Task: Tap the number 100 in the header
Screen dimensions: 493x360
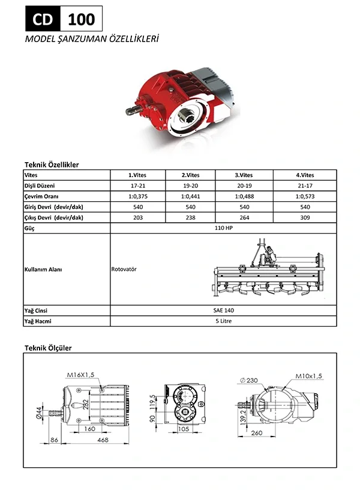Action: coord(81,19)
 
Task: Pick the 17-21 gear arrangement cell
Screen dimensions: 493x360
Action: coord(137,186)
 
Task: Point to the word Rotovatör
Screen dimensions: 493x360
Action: coord(124,270)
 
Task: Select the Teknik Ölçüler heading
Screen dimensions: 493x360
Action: coord(48,348)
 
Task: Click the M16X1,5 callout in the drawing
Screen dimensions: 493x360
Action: coord(82,375)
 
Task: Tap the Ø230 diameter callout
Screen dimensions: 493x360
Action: coord(250,380)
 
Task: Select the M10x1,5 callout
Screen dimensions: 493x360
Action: coord(308,376)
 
